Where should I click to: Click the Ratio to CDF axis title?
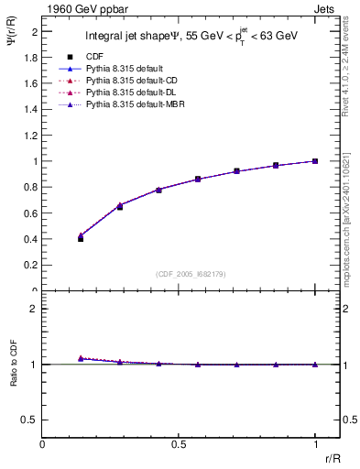[x=13, y=365]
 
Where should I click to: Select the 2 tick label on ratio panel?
[x=33, y=309]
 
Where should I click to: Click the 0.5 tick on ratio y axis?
[x=29, y=420]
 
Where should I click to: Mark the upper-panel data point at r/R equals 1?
[x=314, y=161]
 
